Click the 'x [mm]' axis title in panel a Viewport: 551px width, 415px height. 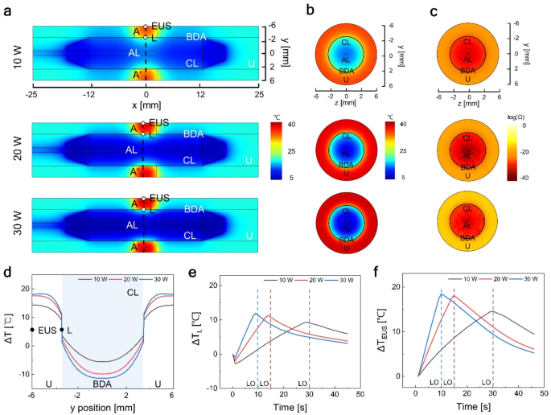coord(146,105)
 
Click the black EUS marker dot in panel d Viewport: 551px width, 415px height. coord(32,330)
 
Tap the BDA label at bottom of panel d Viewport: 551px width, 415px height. coord(101,384)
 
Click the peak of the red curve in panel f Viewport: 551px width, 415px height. coord(454,296)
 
